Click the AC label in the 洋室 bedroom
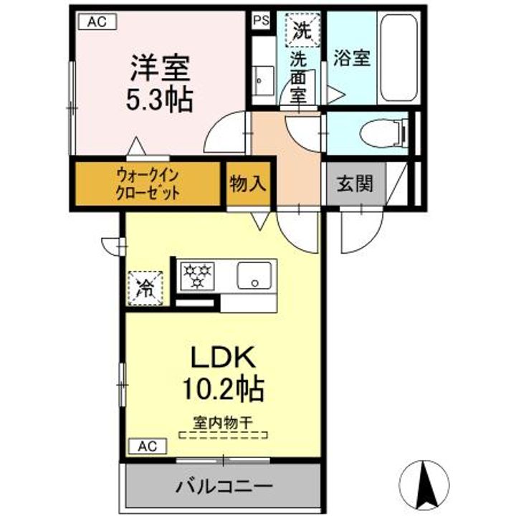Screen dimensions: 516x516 point(97,21)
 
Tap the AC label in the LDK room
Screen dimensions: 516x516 point(148,446)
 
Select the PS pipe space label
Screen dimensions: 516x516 point(262,21)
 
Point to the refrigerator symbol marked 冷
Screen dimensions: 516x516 point(145,288)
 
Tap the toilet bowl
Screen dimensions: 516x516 point(383,133)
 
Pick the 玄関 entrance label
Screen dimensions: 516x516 point(355,183)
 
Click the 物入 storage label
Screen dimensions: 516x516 point(247,183)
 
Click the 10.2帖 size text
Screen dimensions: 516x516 point(224,388)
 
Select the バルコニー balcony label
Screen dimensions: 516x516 point(224,486)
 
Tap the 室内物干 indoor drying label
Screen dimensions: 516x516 point(222,422)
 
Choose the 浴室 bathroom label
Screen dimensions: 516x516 point(352,57)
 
